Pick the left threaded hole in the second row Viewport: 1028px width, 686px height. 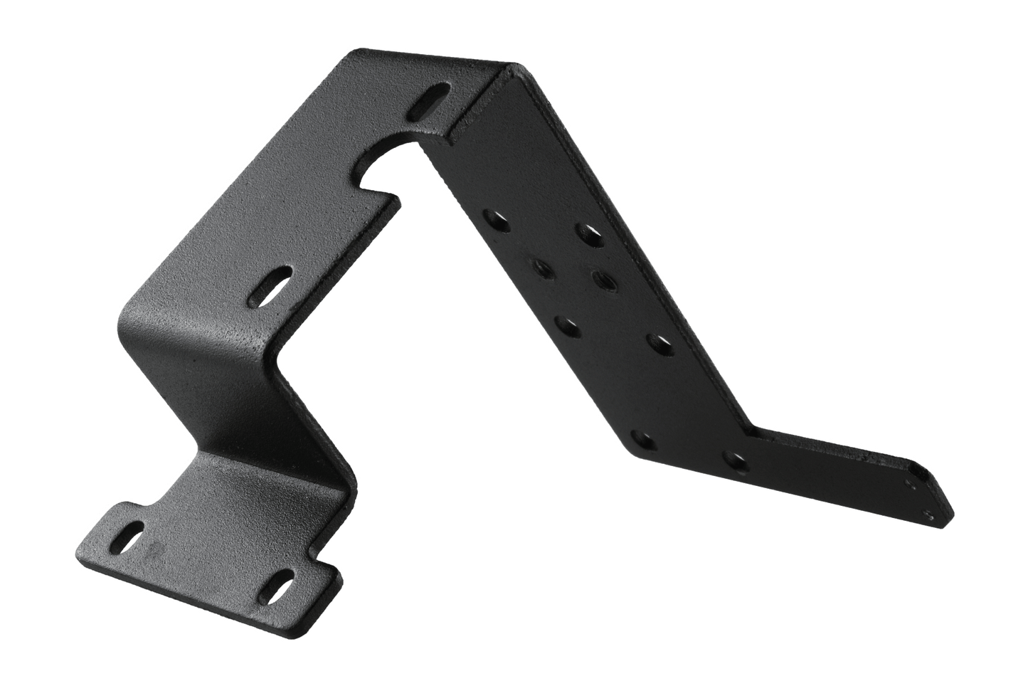541,268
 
